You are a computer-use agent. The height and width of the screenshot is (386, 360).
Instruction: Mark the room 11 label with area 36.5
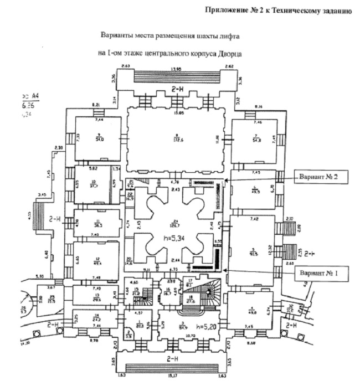(x=97, y=223)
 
